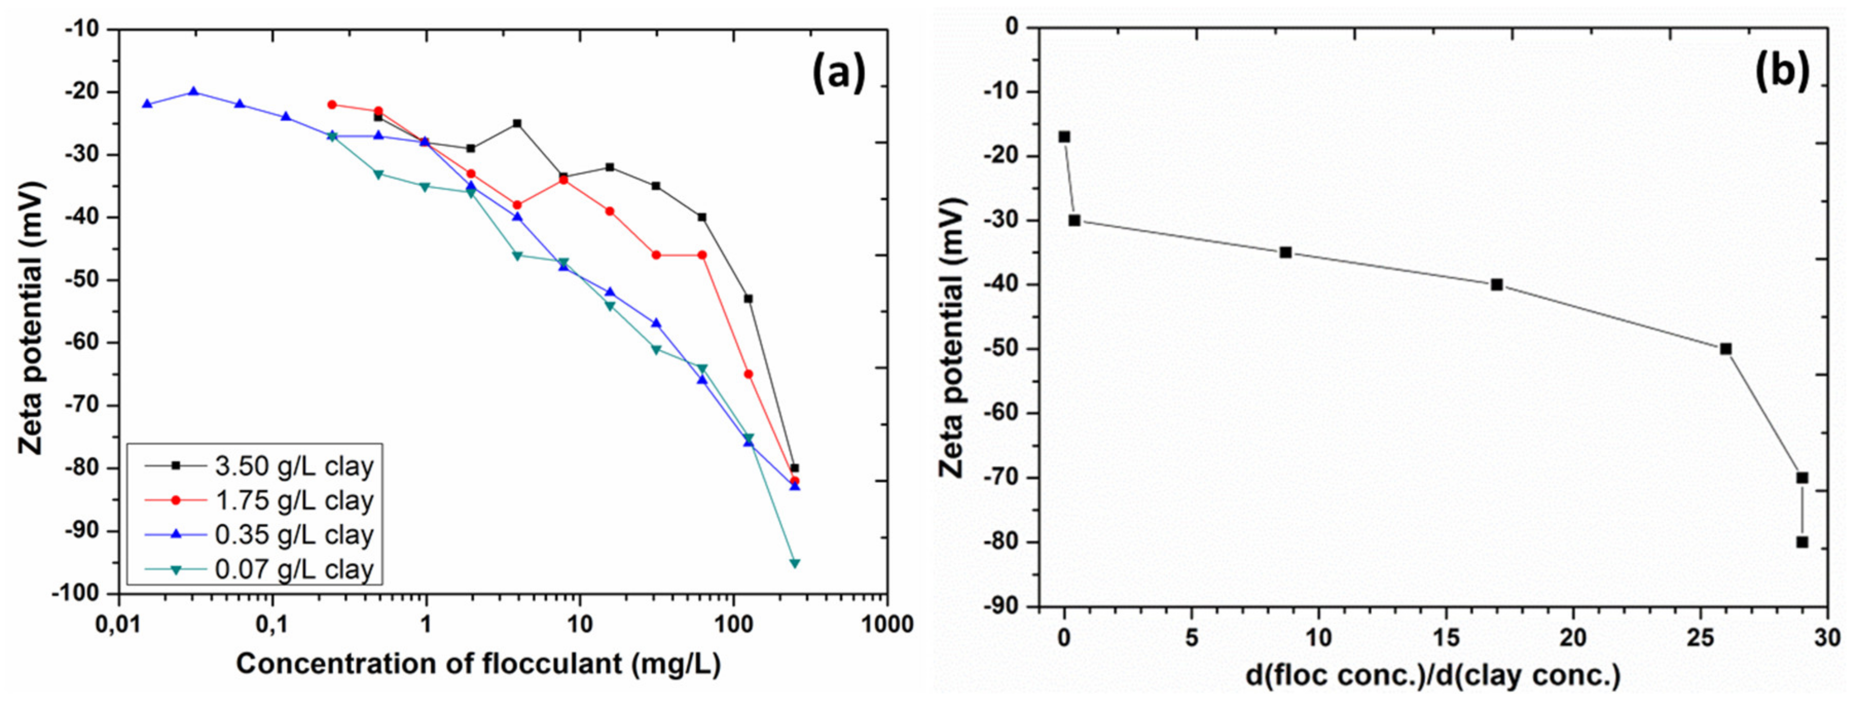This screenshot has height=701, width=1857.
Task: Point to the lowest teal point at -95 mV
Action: [x=794, y=563]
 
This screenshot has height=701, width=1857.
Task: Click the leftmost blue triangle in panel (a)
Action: [x=147, y=104]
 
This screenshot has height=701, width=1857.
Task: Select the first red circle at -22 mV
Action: [x=332, y=104]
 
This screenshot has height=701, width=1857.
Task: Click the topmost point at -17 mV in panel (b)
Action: [x=1064, y=137]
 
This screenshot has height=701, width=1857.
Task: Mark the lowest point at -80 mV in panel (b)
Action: [x=1802, y=542]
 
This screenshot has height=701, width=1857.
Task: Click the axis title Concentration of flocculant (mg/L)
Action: [x=478, y=665]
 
